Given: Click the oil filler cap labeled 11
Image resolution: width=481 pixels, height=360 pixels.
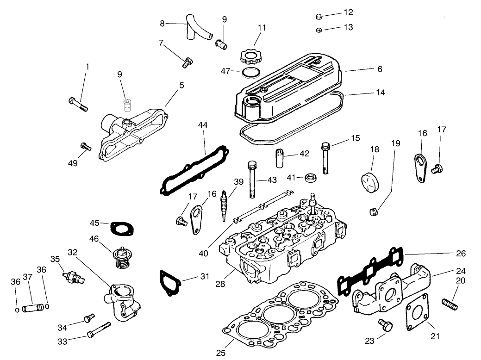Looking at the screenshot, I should pos(250,58).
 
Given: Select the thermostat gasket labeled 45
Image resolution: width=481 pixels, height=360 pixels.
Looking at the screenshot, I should pos(121,227).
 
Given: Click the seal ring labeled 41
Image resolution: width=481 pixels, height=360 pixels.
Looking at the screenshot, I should pos(312,177).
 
